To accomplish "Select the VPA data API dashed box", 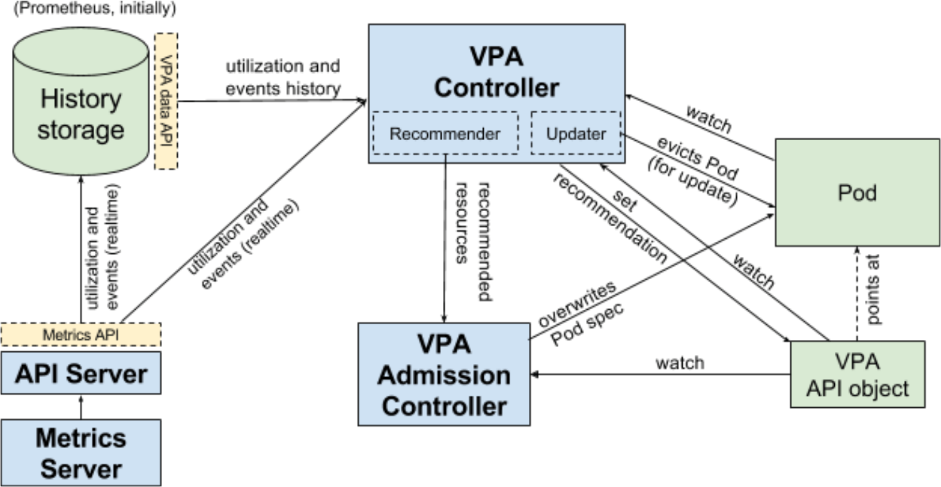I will (x=166, y=101).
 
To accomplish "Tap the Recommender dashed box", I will (x=445, y=133).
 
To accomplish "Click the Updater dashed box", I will (x=575, y=133).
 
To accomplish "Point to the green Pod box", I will (x=857, y=192).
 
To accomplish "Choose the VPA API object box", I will (x=857, y=375).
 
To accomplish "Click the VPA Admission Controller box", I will (x=444, y=375).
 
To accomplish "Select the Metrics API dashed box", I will (x=80, y=334).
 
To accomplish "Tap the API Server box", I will (x=80, y=374).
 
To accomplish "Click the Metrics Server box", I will (x=80, y=452).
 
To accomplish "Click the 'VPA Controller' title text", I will (x=496, y=72).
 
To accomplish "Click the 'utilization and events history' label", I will (x=283, y=77).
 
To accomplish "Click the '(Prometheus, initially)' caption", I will (x=94, y=9).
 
